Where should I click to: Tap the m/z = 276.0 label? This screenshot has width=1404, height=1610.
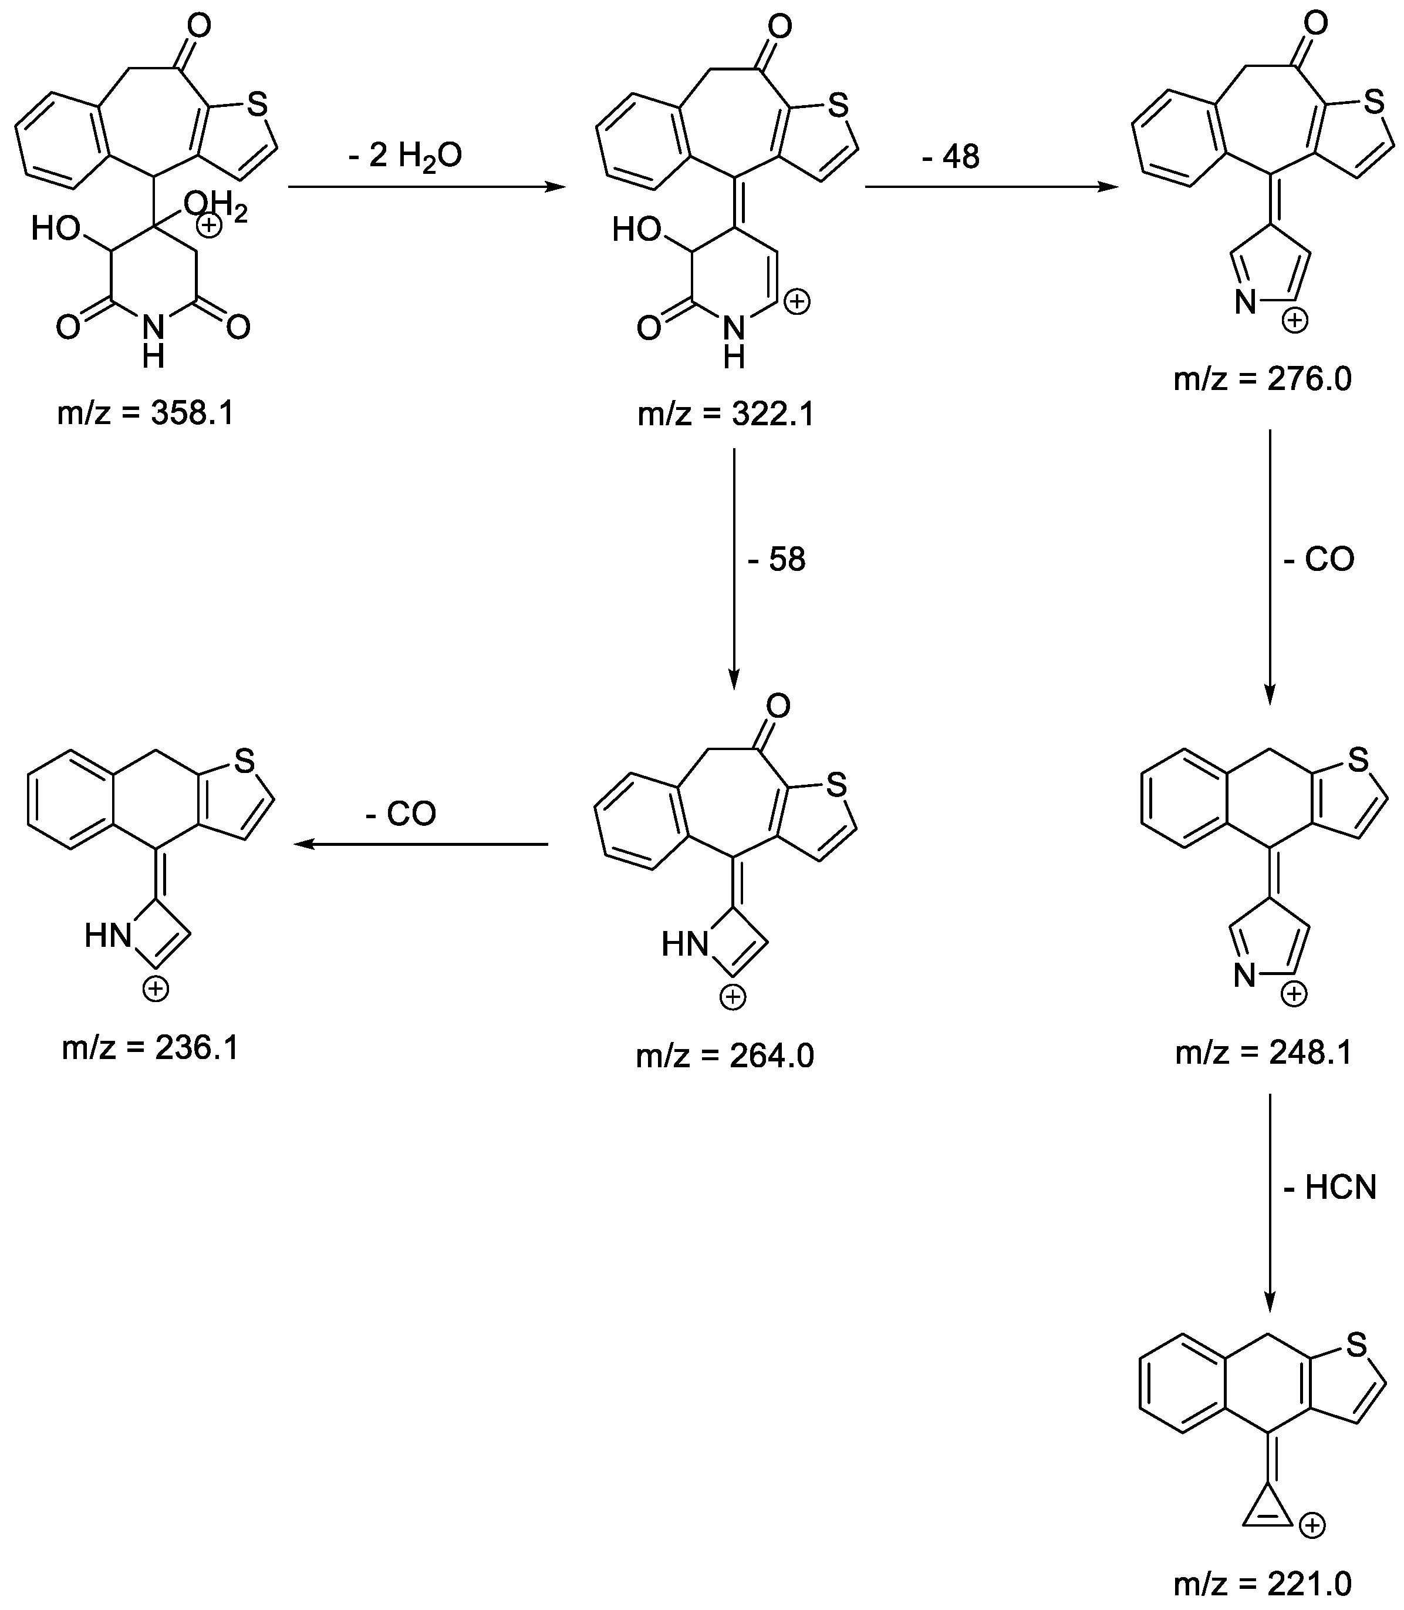1262,379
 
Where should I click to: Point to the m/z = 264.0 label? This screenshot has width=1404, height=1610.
725,1057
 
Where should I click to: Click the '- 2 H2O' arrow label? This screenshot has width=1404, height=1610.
405,156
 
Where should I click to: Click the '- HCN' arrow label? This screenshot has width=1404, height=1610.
1329,1188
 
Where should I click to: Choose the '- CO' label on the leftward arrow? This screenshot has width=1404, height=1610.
400,814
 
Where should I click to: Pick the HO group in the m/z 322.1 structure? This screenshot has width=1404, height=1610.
636,230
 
